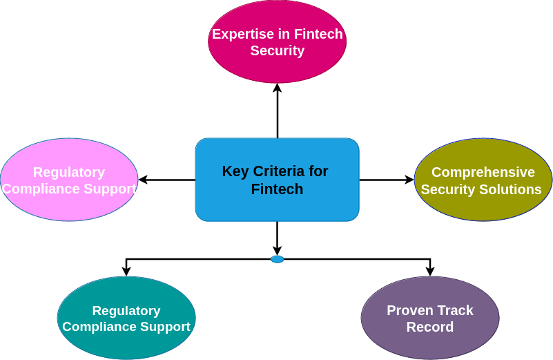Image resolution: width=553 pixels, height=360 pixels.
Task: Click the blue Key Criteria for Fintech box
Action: pos(277,180)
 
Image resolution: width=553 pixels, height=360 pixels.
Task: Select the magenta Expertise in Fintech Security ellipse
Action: pos(277,41)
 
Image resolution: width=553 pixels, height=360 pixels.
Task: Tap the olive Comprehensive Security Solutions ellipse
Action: pos(483,180)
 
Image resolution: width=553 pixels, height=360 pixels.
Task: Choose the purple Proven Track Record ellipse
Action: pos(429,318)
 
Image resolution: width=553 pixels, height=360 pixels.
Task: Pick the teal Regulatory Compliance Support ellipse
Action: pos(126,318)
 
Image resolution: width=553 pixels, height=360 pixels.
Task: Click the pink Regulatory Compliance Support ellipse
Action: pos(69,180)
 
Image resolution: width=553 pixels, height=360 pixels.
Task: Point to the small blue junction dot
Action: pos(277,259)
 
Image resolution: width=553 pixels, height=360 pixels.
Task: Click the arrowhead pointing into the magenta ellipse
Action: pos(277,88)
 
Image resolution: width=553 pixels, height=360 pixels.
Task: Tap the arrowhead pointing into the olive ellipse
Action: pos(409,180)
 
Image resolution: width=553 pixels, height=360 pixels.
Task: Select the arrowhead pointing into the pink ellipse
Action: pos(143,180)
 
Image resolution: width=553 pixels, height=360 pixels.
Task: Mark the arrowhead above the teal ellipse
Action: pos(126,272)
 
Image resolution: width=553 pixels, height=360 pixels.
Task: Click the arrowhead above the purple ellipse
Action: pos(429,272)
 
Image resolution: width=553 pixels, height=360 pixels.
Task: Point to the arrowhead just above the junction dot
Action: pos(277,251)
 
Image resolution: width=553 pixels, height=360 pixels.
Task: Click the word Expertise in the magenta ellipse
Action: pos(239,34)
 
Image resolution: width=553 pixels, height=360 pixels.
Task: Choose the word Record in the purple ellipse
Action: pos(429,327)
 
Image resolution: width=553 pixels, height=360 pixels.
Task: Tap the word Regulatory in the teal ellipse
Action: pos(126,311)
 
